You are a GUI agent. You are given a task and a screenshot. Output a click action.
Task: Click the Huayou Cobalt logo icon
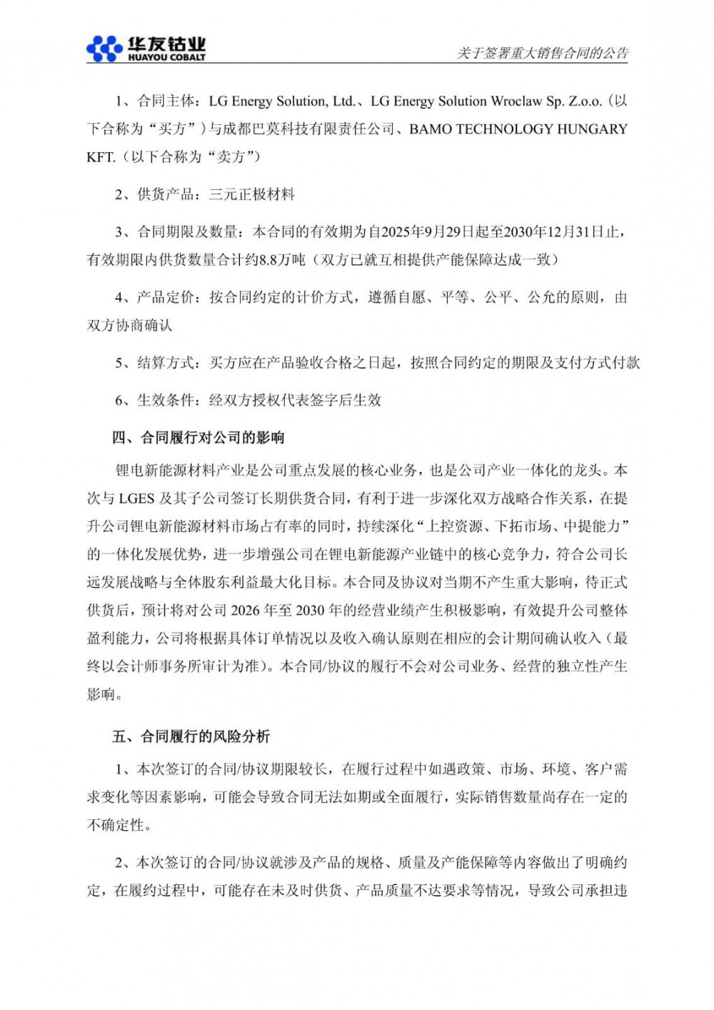click(x=104, y=47)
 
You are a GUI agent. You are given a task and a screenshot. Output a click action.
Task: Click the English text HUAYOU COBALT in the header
click(x=166, y=57)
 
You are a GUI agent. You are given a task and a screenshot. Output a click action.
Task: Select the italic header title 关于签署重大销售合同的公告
click(x=543, y=53)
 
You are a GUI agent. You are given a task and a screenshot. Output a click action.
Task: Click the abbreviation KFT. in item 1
click(x=101, y=157)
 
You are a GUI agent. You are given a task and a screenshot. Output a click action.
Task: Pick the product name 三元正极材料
click(x=251, y=194)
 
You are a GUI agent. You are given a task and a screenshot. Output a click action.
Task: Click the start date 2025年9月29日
click(x=423, y=231)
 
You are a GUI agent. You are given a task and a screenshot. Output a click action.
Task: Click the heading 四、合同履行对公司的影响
click(x=198, y=437)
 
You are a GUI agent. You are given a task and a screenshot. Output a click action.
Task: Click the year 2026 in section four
click(x=247, y=611)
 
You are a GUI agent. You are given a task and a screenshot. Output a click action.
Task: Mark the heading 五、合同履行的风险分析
click(x=191, y=736)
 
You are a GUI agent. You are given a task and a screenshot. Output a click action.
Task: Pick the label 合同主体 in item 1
click(x=166, y=101)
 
